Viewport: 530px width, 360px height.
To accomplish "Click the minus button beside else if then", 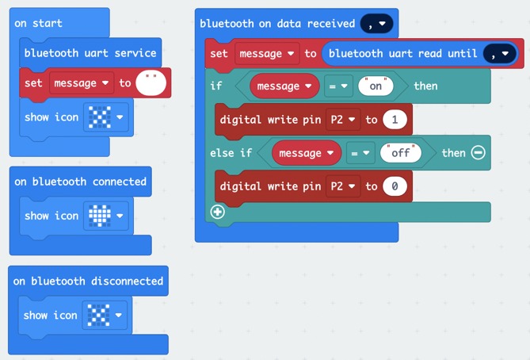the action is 479,152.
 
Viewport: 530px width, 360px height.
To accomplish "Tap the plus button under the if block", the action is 217,213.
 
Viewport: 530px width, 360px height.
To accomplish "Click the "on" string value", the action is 376,86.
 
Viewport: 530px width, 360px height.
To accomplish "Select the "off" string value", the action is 401,153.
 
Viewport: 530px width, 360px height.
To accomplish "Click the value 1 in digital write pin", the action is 395,120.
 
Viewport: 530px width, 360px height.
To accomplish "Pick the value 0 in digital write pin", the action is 395,186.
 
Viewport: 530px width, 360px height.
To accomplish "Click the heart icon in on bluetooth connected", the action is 99,216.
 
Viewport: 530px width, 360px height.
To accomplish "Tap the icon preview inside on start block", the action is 99,117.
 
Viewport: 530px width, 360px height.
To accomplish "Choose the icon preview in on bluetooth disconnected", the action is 98,315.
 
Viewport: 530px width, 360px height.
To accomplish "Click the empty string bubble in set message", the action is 151,83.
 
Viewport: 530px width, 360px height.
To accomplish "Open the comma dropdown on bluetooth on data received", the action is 376,24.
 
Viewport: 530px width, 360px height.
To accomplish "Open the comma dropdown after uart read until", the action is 500,53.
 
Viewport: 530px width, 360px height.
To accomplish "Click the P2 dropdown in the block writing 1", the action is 343,120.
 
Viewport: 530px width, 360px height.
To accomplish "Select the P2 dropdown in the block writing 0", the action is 343,186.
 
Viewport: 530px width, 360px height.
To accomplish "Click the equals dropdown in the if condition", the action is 338,86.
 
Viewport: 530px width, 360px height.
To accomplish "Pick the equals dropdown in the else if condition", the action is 360,153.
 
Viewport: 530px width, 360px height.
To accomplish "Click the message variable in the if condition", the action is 284,86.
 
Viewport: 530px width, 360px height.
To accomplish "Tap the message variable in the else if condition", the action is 307,153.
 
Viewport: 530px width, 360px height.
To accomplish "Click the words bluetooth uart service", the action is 90,53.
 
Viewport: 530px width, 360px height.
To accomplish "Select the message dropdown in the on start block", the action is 82,83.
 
